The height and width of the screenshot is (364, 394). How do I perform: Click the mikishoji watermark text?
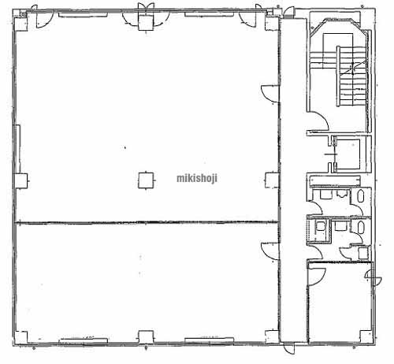197,178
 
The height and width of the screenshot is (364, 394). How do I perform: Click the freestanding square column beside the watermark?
146,180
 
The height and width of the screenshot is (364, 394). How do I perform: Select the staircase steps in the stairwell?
352,76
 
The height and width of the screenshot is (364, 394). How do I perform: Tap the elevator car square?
348,154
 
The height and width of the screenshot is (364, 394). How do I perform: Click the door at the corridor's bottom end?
289,349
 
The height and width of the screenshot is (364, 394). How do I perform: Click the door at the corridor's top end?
288,12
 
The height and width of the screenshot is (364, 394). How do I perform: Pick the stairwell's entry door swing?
318,121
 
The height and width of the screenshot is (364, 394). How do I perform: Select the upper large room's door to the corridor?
269,94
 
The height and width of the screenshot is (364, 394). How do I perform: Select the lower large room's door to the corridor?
269,251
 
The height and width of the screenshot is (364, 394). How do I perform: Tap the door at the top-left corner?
43,19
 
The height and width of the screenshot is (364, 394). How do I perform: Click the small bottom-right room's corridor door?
317,277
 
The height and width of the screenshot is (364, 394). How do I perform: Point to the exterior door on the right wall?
374,277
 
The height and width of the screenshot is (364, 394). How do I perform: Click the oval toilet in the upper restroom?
361,196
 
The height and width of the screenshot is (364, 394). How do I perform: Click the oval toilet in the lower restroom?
361,228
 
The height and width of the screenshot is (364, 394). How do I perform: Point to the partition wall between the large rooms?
147,223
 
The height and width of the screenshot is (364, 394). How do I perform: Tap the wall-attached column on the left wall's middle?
21,180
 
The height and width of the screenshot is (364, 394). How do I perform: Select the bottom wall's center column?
146,337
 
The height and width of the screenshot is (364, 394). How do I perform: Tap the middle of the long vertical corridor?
293,180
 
